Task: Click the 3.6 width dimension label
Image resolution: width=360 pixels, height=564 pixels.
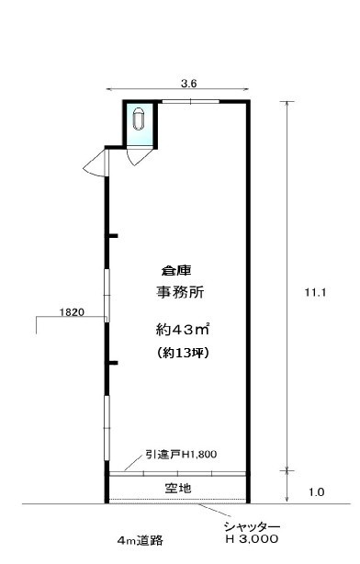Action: tap(189, 84)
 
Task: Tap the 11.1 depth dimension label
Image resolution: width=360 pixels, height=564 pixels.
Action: tap(315, 292)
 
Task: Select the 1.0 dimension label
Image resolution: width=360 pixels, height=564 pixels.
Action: tap(317, 492)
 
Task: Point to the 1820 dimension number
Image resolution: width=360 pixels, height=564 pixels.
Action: tap(72, 312)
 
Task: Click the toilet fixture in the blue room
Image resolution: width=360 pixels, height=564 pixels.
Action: tap(138, 118)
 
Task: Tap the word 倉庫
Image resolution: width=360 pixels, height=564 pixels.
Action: tap(176, 270)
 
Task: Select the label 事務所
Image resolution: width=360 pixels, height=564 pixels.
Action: tap(180, 292)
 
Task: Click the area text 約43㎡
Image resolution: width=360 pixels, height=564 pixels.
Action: tap(183, 330)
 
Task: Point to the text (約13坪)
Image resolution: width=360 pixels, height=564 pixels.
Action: tap(184, 353)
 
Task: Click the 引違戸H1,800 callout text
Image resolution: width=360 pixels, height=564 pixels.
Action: tap(181, 455)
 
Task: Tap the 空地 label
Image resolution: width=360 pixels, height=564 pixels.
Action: tap(178, 488)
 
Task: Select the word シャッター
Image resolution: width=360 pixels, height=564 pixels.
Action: tap(252, 527)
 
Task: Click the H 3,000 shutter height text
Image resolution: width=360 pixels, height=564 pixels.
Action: tap(252, 539)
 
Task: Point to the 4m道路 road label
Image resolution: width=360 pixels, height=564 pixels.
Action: tap(141, 540)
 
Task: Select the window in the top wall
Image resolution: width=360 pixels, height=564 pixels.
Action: tap(190, 102)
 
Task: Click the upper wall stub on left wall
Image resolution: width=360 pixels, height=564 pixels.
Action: tap(111, 236)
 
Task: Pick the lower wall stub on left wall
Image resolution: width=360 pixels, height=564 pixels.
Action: tap(111, 363)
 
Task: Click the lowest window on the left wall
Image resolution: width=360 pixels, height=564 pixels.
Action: tap(107, 428)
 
